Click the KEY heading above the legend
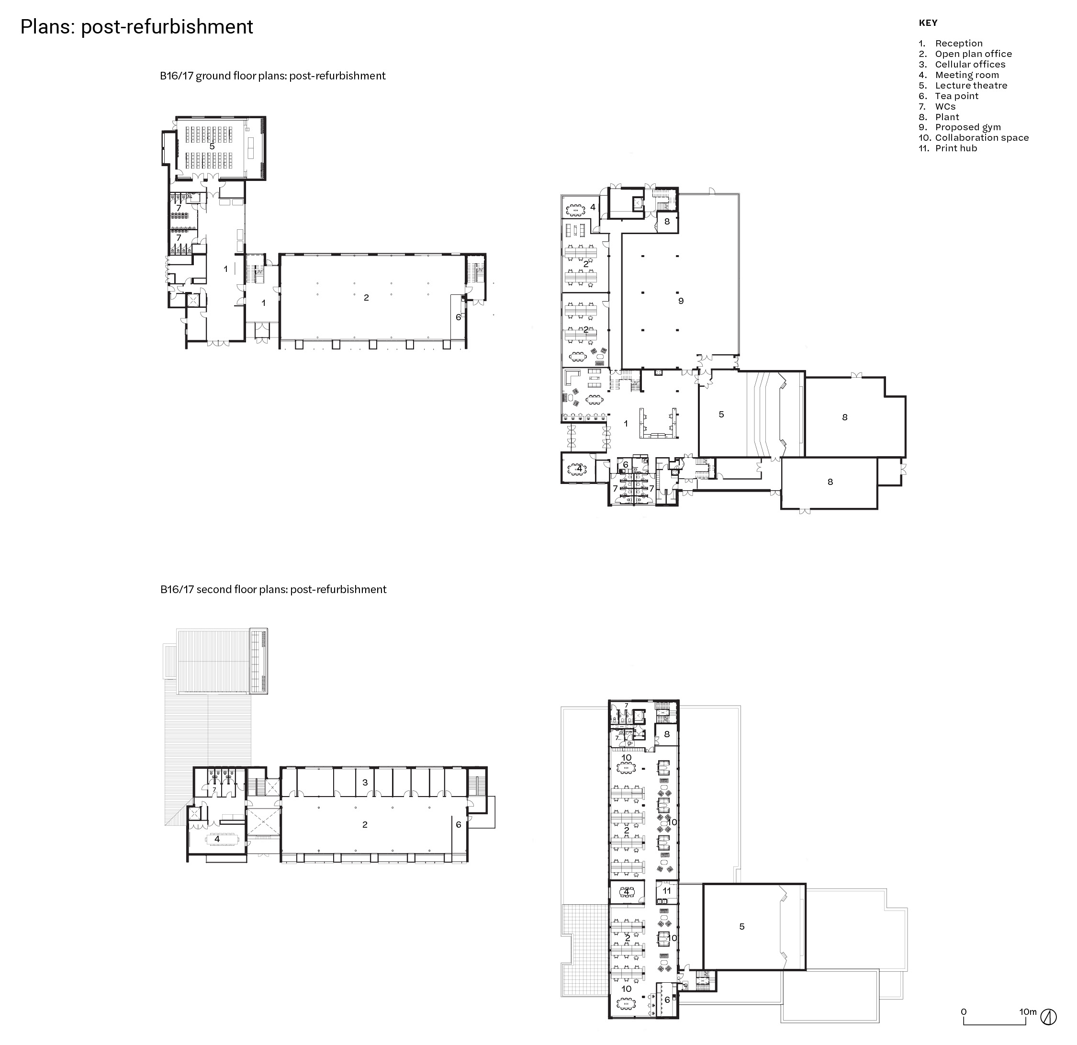(x=928, y=23)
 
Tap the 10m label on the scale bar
(x=1028, y=1011)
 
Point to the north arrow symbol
(x=1048, y=1017)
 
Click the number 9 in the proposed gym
(x=681, y=301)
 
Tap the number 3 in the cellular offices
(x=365, y=782)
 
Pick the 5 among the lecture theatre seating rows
(x=212, y=146)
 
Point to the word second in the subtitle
(x=212, y=590)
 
